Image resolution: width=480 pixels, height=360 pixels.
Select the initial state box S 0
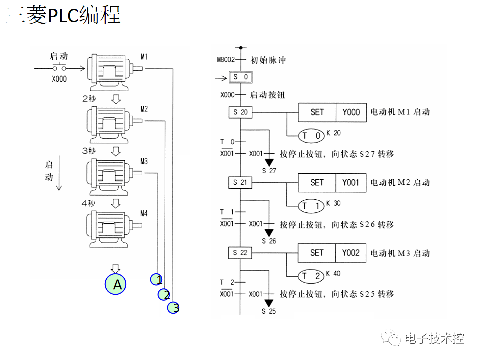pyautogui.click(x=240, y=77)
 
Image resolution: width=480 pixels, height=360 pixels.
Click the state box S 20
pyautogui.click(x=240, y=112)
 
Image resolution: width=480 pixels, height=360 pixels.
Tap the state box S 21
pyautogui.click(x=240, y=182)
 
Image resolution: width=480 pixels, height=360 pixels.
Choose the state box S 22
pyautogui.click(x=240, y=253)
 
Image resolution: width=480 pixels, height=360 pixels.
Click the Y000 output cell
pyautogui.click(x=351, y=112)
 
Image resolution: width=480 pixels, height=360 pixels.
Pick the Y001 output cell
pyautogui.click(x=351, y=182)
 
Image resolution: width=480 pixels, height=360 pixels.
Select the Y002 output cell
pyautogui.click(x=351, y=253)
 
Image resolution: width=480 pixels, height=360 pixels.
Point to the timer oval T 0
pyautogui.click(x=311, y=135)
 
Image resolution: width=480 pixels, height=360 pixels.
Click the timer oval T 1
pyautogui.click(x=311, y=206)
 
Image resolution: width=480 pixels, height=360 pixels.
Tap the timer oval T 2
pyautogui.click(x=311, y=276)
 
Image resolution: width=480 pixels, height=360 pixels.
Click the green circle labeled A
pyautogui.click(x=115, y=284)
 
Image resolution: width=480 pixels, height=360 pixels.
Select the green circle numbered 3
pyautogui.click(x=173, y=308)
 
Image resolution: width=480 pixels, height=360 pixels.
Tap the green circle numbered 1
pyautogui.click(x=157, y=279)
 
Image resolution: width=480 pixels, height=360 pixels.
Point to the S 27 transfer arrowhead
pyautogui.click(x=269, y=162)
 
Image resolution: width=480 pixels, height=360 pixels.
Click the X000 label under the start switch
pyautogui.click(x=59, y=79)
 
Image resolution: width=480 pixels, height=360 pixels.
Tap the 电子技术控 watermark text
pyautogui.click(x=434, y=338)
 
